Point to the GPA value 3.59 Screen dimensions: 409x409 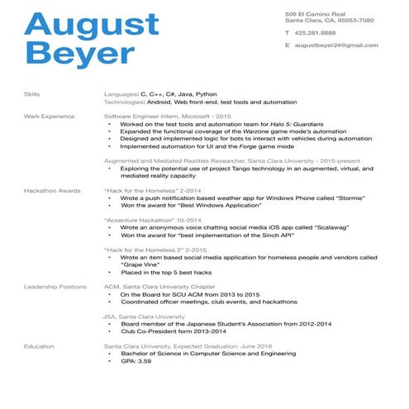click(145, 362)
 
